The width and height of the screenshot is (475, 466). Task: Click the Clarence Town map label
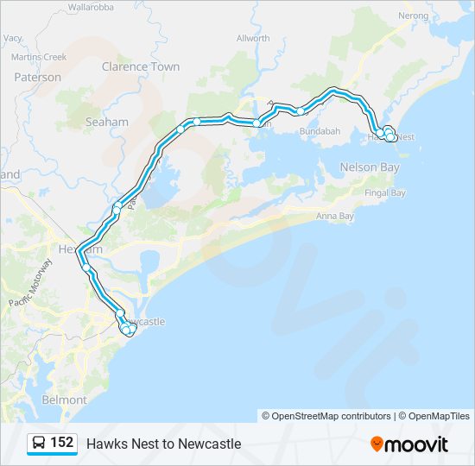tap(140, 66)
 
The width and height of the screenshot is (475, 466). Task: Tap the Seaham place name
tap(106, 123)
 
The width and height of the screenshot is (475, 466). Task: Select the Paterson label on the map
tap(37, 77)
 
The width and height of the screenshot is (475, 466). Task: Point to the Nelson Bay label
tap(370, 167)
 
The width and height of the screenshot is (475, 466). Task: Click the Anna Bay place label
tap(335, 216)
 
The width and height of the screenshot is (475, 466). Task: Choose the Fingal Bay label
tap(385, 193)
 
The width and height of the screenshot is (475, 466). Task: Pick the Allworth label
tap(253, 39)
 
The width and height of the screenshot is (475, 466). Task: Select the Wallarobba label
tap(91, 7)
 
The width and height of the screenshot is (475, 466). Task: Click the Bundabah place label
tap(319, 131)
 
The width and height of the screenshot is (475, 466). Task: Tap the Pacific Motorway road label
tap(31, 283)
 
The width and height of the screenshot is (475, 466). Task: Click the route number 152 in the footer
tap(62, 443)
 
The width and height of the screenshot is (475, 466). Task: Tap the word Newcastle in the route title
tap(209, 444)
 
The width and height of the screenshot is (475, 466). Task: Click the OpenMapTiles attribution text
tap(435, 416)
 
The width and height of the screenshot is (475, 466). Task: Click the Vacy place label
tap(13, 39)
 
